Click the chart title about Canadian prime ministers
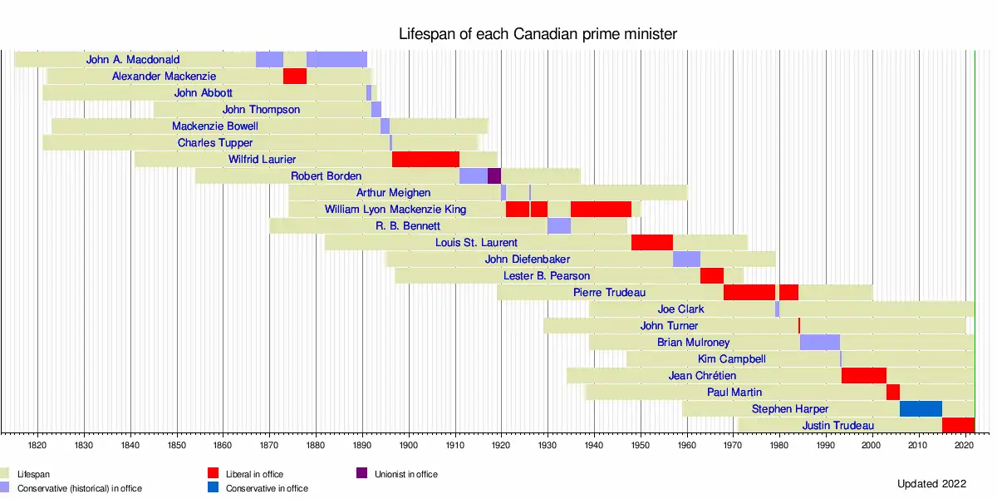coord(538,34)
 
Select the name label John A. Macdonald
coord(133,60)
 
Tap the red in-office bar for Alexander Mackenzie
coord(295,77)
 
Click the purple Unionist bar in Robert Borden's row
coord(494,176)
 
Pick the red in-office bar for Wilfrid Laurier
coord(425,160)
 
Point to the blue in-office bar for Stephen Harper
coord(921,409)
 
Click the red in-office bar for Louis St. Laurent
coord(652,243)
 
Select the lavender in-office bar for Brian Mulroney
coord(820,343)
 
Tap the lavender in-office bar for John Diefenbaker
coord(686,259)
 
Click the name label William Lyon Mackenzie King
coord(395,210)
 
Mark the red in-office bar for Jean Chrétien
coord(864,376)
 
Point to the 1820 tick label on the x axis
coord(37,446)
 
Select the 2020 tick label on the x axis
coord(964,446)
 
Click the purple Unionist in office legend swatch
coord(361,474)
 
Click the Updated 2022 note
coord(931,484)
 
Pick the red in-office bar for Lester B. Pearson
coord(712,276)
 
